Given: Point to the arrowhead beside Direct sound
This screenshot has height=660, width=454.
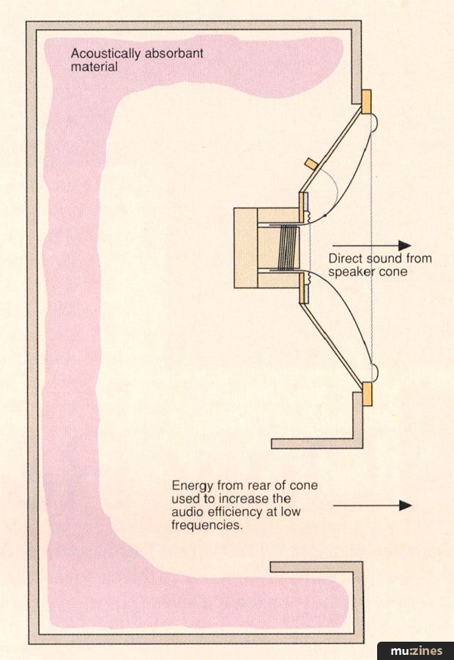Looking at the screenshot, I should pyautogui.click(x=404, y=246).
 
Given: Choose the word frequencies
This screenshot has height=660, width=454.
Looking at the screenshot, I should pyautogui.click(x=206, y=525).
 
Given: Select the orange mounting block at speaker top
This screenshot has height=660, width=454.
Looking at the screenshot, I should pyautogui.click(x=366, y=102).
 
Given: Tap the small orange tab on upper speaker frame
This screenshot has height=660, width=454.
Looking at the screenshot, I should pyautogui.click(x=311, y=162).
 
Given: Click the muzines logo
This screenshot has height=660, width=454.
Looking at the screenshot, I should pyautogui.click(x=415, y=650).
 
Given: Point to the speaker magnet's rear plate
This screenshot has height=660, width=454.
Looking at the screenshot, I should pyautogui.click(x=245, y=247).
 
